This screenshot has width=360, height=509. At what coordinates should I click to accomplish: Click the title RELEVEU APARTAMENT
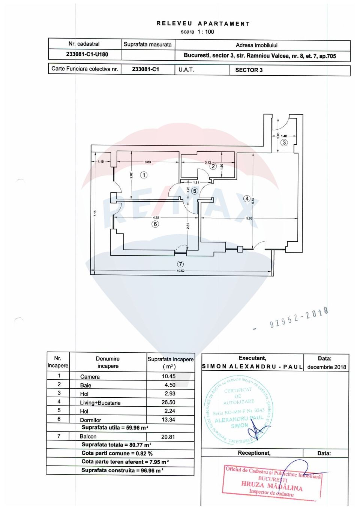203,24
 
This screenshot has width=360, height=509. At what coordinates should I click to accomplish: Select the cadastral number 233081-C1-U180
87,54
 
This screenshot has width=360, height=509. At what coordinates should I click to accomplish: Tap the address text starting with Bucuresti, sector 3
259,56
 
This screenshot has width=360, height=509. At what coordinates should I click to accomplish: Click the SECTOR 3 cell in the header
249,70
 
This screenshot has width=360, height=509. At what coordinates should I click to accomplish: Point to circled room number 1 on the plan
144,175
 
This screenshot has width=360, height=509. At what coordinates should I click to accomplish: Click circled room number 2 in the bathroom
213,166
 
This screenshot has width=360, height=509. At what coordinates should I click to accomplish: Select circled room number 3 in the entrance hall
284,142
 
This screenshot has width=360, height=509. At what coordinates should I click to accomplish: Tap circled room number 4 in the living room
246,199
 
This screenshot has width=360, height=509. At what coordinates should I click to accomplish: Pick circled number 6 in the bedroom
155,224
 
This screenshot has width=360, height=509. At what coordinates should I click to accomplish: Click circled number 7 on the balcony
180,264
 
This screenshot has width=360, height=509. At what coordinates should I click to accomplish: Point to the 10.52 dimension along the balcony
180,271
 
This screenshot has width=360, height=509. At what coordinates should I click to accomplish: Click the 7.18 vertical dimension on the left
95,213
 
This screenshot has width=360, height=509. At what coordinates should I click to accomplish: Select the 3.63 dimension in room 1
148,162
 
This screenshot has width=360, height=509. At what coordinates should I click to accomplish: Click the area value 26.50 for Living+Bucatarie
168,402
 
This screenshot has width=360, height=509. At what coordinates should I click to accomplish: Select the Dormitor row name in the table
90,420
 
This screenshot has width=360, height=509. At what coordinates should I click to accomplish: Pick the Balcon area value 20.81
168,437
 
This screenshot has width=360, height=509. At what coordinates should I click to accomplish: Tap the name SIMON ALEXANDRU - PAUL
252,367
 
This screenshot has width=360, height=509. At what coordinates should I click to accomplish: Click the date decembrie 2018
326,367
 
